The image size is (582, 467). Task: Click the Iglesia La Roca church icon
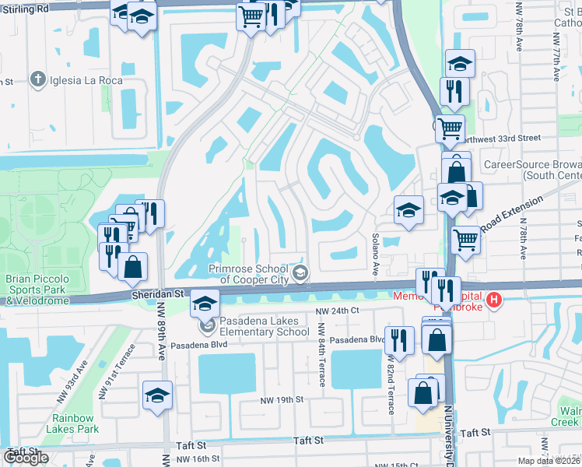pyautogui.click(x=37, y=79)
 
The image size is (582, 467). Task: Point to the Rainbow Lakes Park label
pyautogui.click(x=72, y=423)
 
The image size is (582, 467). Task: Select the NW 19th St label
pyautogui.click(x=281, y=399)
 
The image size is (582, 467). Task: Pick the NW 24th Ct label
pyautogui.click(x=337, y=311)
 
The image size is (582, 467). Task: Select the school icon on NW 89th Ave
pyautogui.click(x=157, y=395)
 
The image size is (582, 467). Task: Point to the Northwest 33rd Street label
pyautogui.click(x=498, y=138)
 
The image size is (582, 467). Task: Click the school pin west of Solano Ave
pyautogui.click(x=408, y=211)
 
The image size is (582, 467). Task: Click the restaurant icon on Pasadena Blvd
pyautogui.click(x=398, y=340)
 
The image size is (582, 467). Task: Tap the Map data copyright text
pyautogui.click(x=549, y=461)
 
